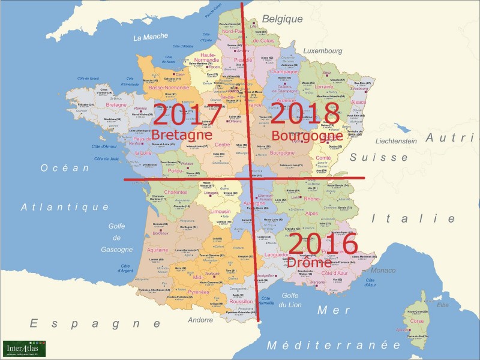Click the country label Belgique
pos(282,19)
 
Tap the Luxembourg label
pos(325,52)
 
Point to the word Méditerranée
pos(333,345)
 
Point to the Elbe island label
pos(443,305)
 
